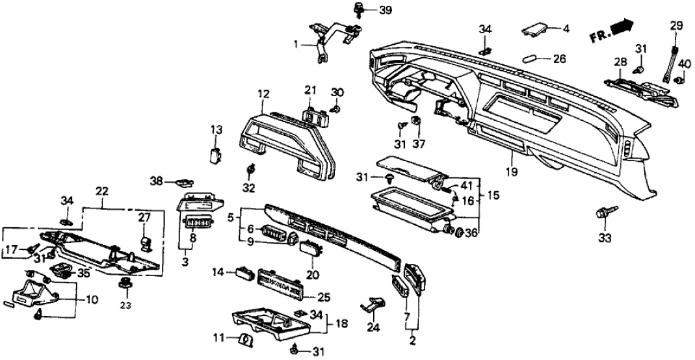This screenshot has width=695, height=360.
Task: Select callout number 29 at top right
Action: tap(677, 26)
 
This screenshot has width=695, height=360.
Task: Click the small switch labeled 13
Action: tap(215, 155)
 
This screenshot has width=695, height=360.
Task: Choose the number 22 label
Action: tap(101, 190)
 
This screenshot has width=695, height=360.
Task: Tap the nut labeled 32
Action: tap(250, 170)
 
